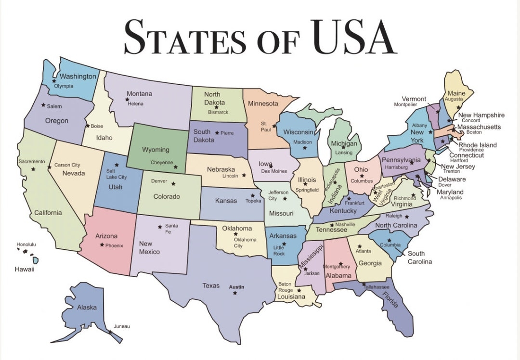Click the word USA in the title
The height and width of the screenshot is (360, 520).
[x=353, y=37]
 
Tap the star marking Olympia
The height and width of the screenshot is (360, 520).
[x=54, y=81]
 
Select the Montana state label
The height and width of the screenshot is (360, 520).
[x=139, y=94]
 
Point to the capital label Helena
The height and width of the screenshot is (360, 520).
[x=135, y=103]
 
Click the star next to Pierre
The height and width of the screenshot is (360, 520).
[x=217, y=132]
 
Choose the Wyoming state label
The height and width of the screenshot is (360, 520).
[x=156, y=150]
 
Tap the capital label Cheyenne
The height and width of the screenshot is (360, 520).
[x=161, y=163]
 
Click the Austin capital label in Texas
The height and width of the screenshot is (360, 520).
[x=236, y=287]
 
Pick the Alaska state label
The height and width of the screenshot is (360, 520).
[x=87, y=307]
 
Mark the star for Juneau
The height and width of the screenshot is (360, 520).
[x=110, y=332]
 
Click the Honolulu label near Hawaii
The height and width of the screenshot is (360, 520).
[x=26, y=244]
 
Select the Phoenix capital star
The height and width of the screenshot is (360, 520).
[x=102, y=245]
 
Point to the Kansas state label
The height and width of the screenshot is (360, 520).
[x=226, y=201]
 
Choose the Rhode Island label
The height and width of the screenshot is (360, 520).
[x=477, y=145]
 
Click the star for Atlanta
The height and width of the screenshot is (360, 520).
[x=360, y=246]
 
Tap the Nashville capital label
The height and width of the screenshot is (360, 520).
[x=345, y=224]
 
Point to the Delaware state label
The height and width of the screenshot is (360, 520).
[x=452, y=179]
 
